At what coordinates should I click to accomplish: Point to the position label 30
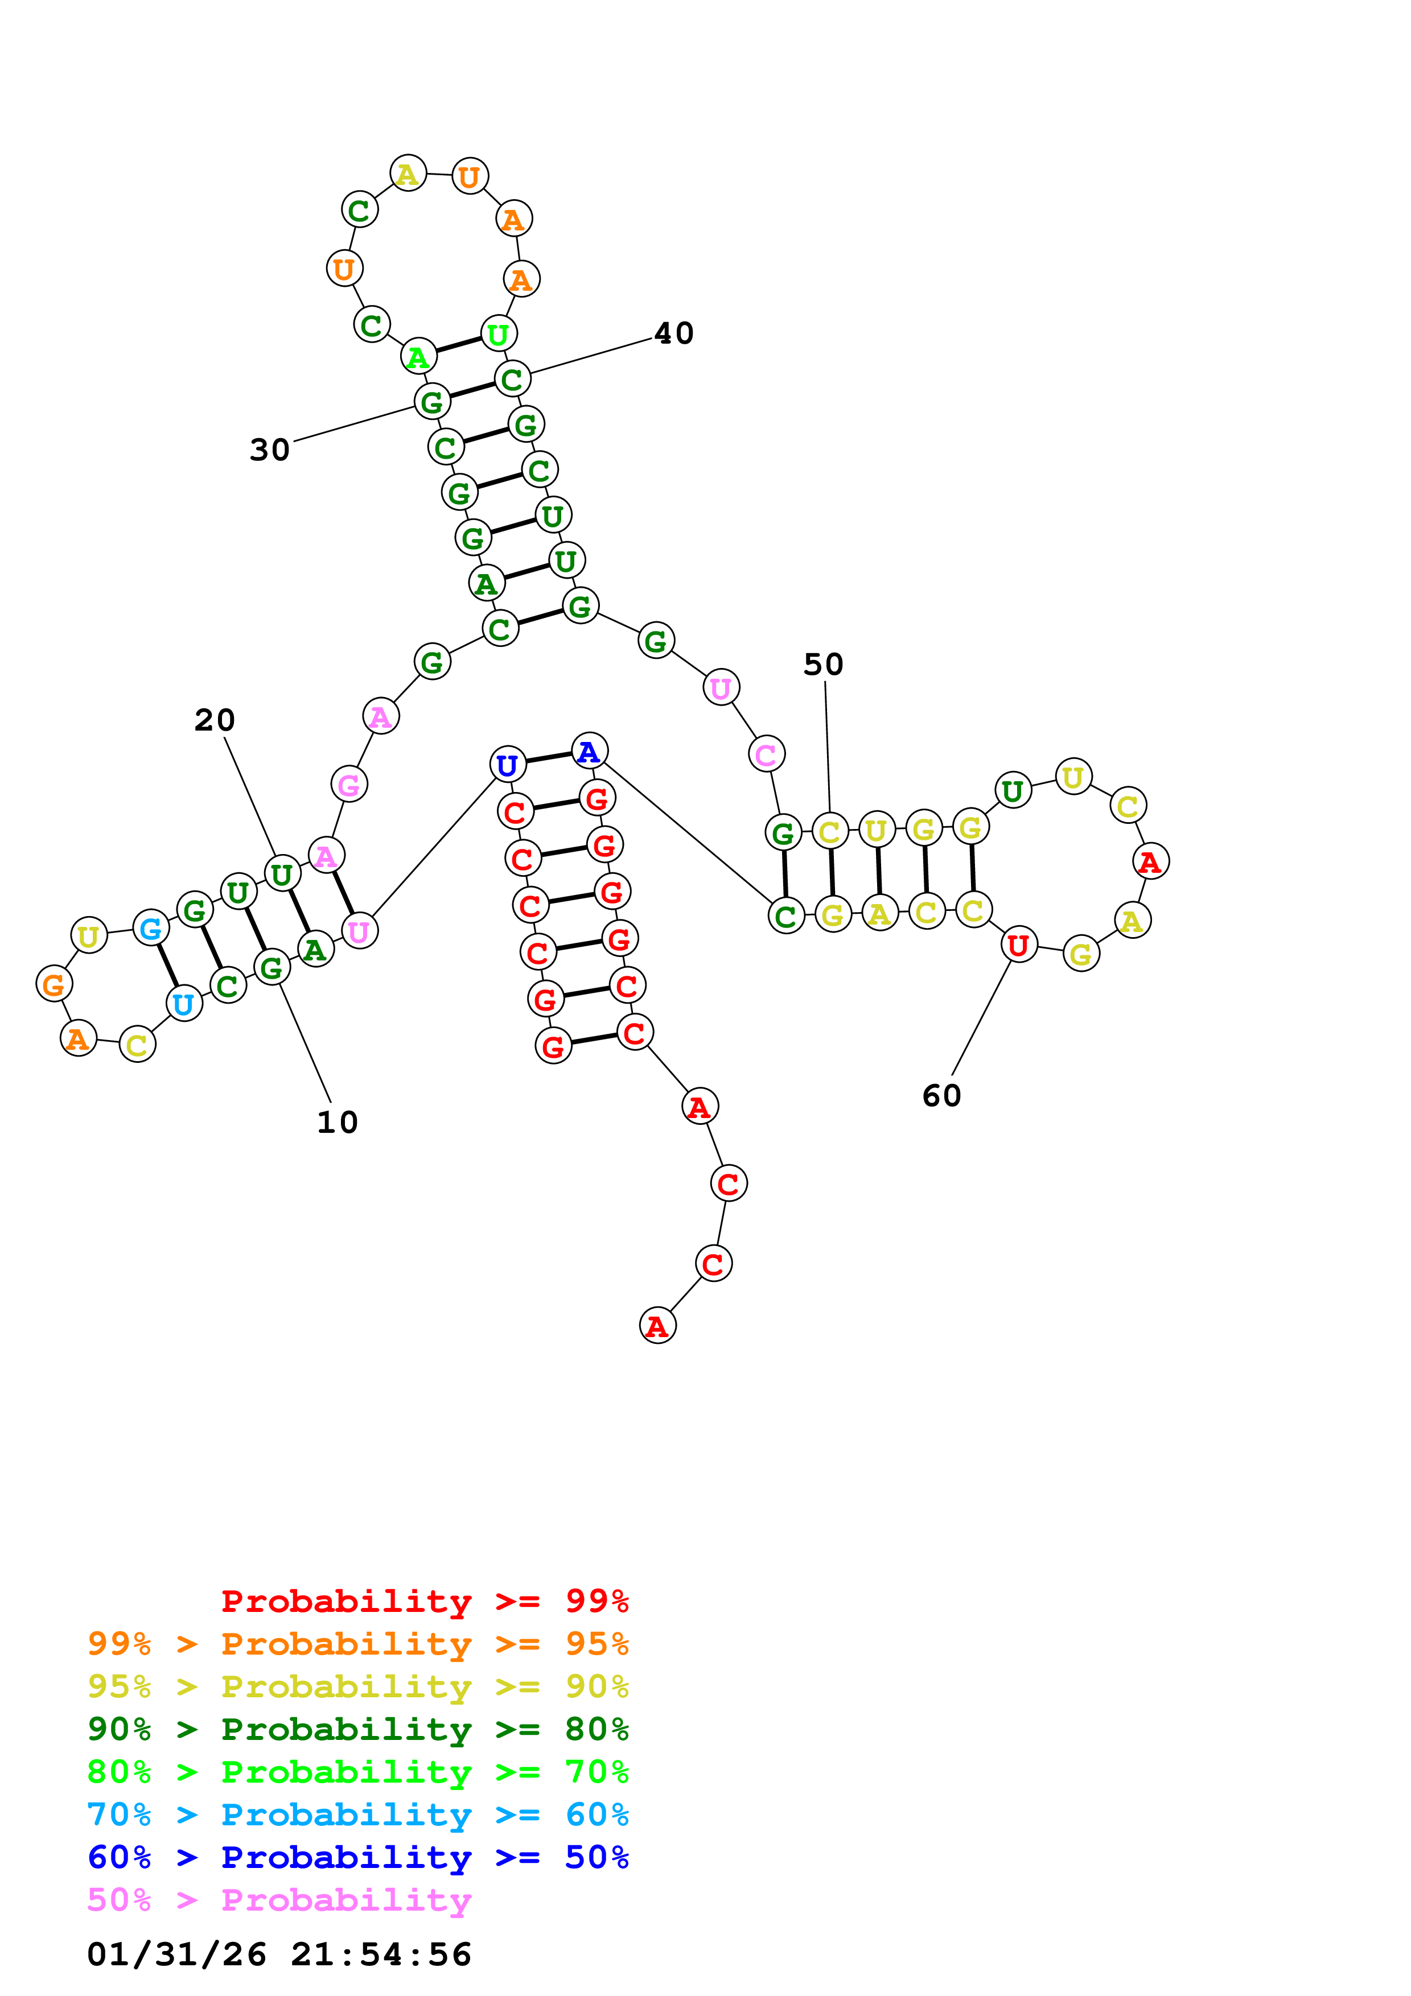269,449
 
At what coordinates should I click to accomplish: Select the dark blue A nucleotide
590,751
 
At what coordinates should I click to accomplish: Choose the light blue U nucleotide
183,1004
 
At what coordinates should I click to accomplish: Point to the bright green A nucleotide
418,356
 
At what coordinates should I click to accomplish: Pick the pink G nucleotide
348,785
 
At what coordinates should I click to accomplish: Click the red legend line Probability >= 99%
425,1601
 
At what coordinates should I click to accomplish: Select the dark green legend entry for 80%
358,1729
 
